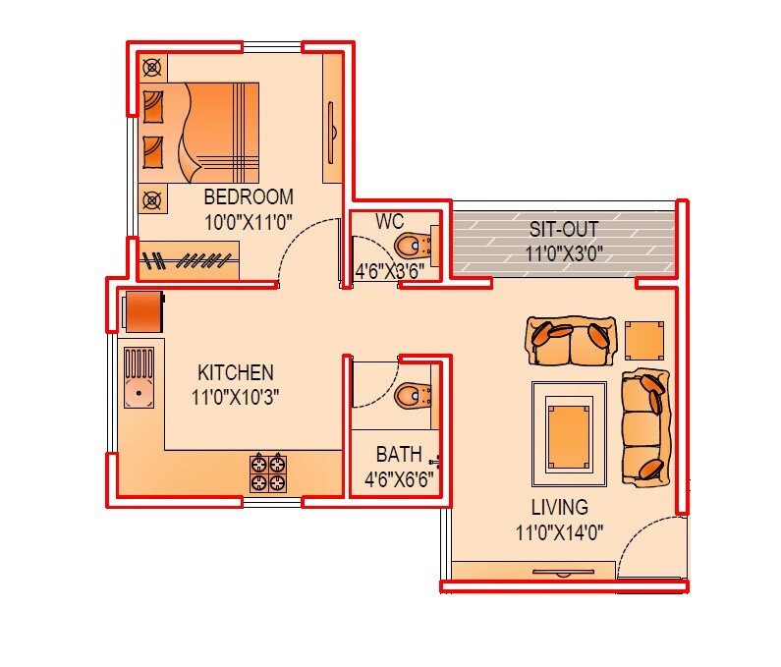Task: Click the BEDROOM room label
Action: coord(249,196)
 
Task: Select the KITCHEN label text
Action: coord(236,373)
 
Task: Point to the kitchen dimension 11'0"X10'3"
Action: coord(236,398)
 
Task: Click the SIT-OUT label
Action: coord(564,230)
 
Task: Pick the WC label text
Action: coord(390,221)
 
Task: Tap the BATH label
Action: coord(399,455)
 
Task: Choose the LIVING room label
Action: coord(560,508)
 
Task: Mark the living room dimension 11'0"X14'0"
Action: coord(560,532)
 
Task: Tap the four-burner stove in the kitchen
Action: coord(268,471)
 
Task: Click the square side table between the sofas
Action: coord(644,340)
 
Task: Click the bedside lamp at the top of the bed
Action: coord(151,68)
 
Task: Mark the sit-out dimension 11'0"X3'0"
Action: coord(564,254)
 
